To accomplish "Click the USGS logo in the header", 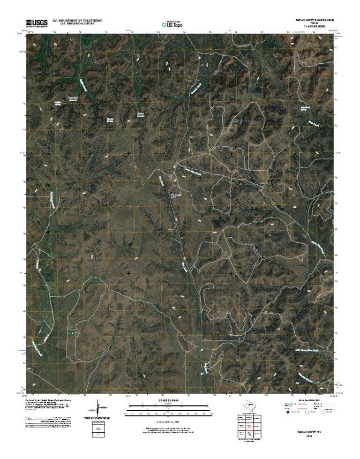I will click(x=36, y=23).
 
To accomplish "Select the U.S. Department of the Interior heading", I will click(x=77, y=21).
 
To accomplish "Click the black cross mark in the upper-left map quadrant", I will click(x=128, y=153).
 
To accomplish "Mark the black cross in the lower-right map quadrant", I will click(x=231, y=273).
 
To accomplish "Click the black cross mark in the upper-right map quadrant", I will click(x=231, y=153).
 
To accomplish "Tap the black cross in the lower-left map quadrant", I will click(x=128, y=273).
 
